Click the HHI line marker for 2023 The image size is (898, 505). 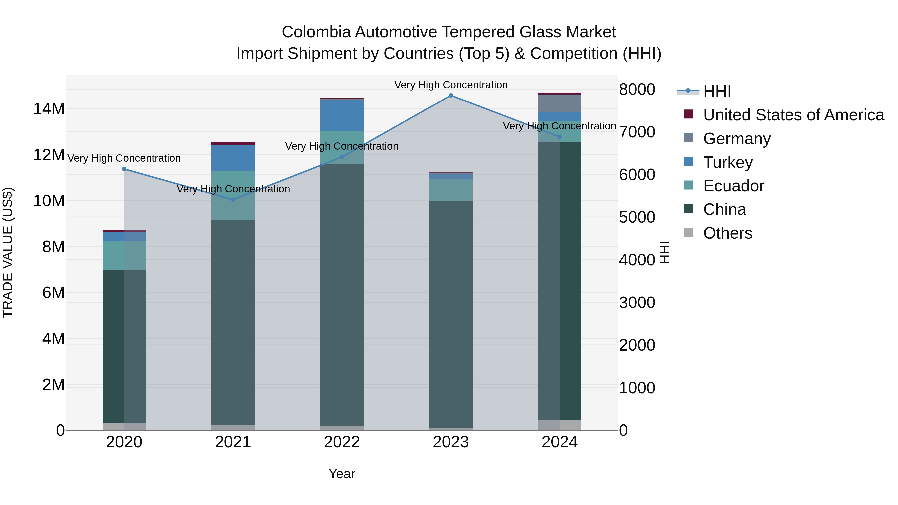tap(451, 95)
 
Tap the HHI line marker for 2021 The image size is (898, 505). tap(233, 199)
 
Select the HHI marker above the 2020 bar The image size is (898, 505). tap(124, 169)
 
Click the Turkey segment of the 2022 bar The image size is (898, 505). tap(342, 115)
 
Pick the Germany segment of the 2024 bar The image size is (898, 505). tap(560, 103)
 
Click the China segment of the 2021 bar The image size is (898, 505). tap(233, 322)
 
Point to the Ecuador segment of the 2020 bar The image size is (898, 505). tap(124, 255)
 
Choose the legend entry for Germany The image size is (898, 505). tap(737, 139)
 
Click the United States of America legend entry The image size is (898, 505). tap(793, 115)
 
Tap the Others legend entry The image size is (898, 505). tap(728, 233)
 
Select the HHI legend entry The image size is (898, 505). tap(716, 91)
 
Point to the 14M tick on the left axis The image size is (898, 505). tap(49, 109)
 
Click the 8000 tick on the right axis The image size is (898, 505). tap(637, 89)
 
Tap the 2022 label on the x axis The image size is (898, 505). tap(342, 442)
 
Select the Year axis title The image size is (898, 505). tap(342, 474)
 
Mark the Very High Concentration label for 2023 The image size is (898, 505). tap(451, 85)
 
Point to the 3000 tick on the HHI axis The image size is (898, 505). tap(637, 303)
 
